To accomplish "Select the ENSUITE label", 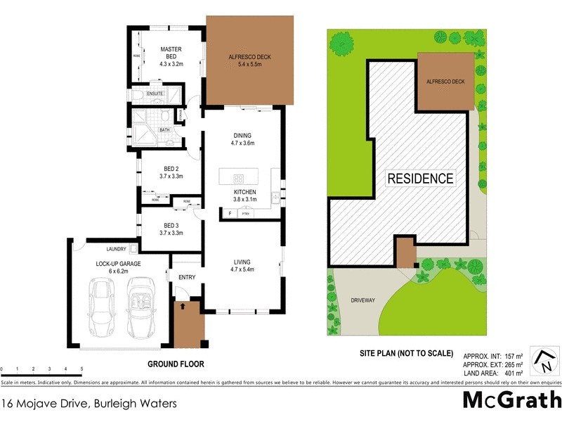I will (x=154, y=94).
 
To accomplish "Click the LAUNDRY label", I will (x=116, y=249).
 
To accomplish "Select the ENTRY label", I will (x=187, y=278).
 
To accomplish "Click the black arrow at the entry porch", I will (x=184, y=306).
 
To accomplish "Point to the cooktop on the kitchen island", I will (x=237, y=177).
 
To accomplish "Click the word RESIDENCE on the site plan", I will (x=421, y=178).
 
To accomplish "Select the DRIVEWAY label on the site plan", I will (x=364, y=300).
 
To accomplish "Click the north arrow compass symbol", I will (x=543, y=359).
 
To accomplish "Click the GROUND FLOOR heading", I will (x=176, y=364).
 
